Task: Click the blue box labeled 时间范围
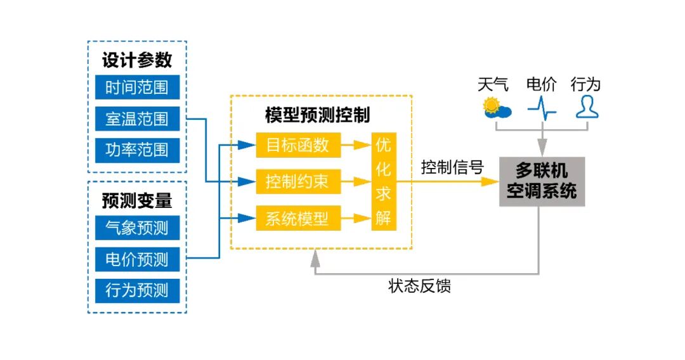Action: coord(137,87)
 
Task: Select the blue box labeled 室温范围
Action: coord(137,119)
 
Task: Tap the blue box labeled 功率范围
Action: coord(137,150)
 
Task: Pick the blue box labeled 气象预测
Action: coord(137,228)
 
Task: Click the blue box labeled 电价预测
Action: coord(137,259)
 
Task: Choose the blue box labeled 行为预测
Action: coord(137,290)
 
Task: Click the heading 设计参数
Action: coord(137,60)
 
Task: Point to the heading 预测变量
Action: coord(137,200)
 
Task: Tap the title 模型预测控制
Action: coord(317,115)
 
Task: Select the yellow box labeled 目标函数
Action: coord(297,145)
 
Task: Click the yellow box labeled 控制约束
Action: coord(297,182)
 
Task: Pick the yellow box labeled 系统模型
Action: coord(297,219)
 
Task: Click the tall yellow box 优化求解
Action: coord(383,182)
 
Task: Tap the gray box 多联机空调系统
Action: coord(542,181)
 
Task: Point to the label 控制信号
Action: coord(452,167)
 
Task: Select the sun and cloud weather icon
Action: coord(496,108)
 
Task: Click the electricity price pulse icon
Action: coord(542,108)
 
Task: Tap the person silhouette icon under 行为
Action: coord(587,108)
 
